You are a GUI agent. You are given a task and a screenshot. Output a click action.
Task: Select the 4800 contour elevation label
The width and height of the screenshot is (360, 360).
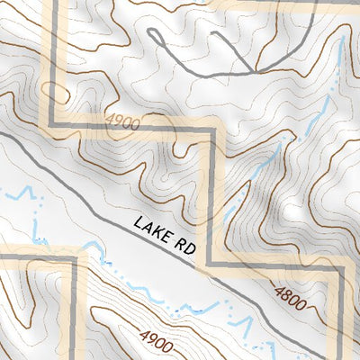tap(289, 294)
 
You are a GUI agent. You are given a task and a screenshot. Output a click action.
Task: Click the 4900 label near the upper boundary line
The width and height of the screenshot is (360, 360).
tap(123, 122)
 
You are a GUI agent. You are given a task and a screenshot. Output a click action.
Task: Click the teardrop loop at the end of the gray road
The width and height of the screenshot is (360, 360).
tap(154, 38)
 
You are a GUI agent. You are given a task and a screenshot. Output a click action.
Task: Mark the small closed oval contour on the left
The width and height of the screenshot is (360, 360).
tap(55, 93)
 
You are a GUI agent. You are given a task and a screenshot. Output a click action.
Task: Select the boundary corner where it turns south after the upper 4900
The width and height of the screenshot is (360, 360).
tap(214, 131)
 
